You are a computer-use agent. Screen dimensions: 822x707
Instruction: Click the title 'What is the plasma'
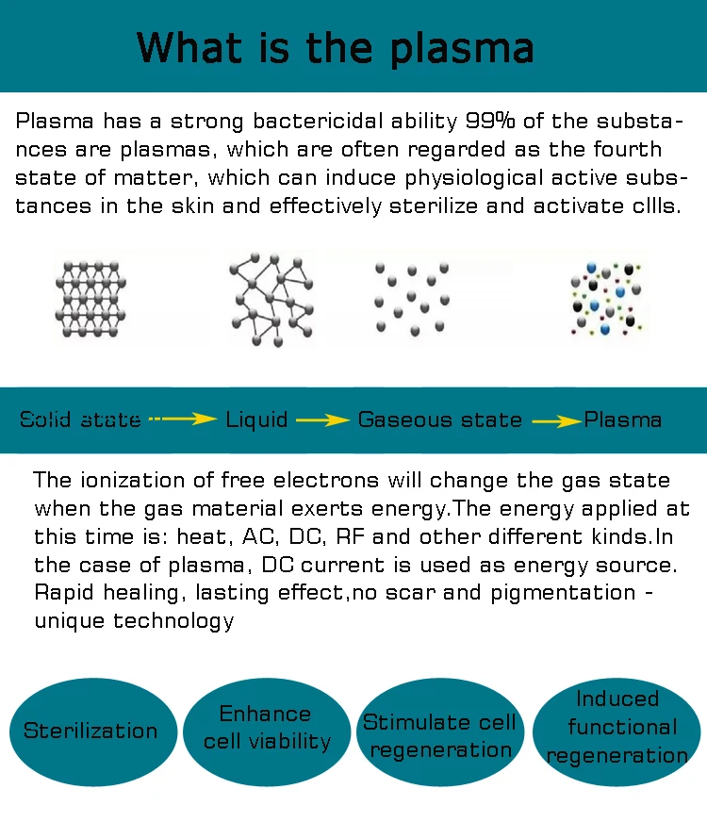336,47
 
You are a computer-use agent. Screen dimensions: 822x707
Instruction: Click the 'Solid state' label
81,419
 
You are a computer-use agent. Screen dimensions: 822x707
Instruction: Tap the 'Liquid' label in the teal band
256,419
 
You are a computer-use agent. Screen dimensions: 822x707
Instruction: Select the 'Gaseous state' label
439,419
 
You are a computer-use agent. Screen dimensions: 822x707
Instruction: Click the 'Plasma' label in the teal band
623,419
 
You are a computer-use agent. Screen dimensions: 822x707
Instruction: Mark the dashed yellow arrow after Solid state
182,419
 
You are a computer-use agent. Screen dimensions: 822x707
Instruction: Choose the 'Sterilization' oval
90,732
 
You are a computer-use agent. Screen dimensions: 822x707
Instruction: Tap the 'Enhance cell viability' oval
267,728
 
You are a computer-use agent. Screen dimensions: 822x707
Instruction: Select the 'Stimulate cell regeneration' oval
439,735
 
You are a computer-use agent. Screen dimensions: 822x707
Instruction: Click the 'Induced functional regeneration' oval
617,727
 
